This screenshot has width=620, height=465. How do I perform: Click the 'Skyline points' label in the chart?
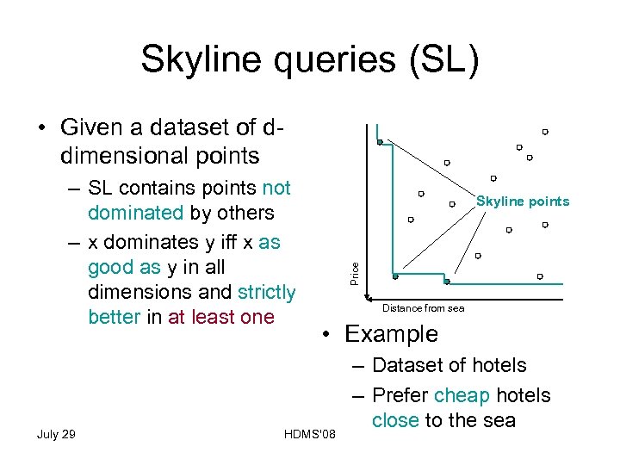[523, 201]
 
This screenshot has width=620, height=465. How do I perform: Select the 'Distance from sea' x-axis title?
[423, 307]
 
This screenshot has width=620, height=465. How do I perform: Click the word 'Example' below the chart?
[391, 334]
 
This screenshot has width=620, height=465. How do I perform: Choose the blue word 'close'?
[395, 420]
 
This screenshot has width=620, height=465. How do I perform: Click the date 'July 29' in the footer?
[56, 433]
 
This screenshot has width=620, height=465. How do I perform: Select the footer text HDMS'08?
[308, 433]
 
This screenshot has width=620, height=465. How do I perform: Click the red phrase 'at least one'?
[221, 317]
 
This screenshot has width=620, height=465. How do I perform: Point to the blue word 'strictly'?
[266, 293]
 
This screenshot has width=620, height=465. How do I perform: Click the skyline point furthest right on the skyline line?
[446, 281]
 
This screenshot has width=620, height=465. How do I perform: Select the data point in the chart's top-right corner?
[545, 132]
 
